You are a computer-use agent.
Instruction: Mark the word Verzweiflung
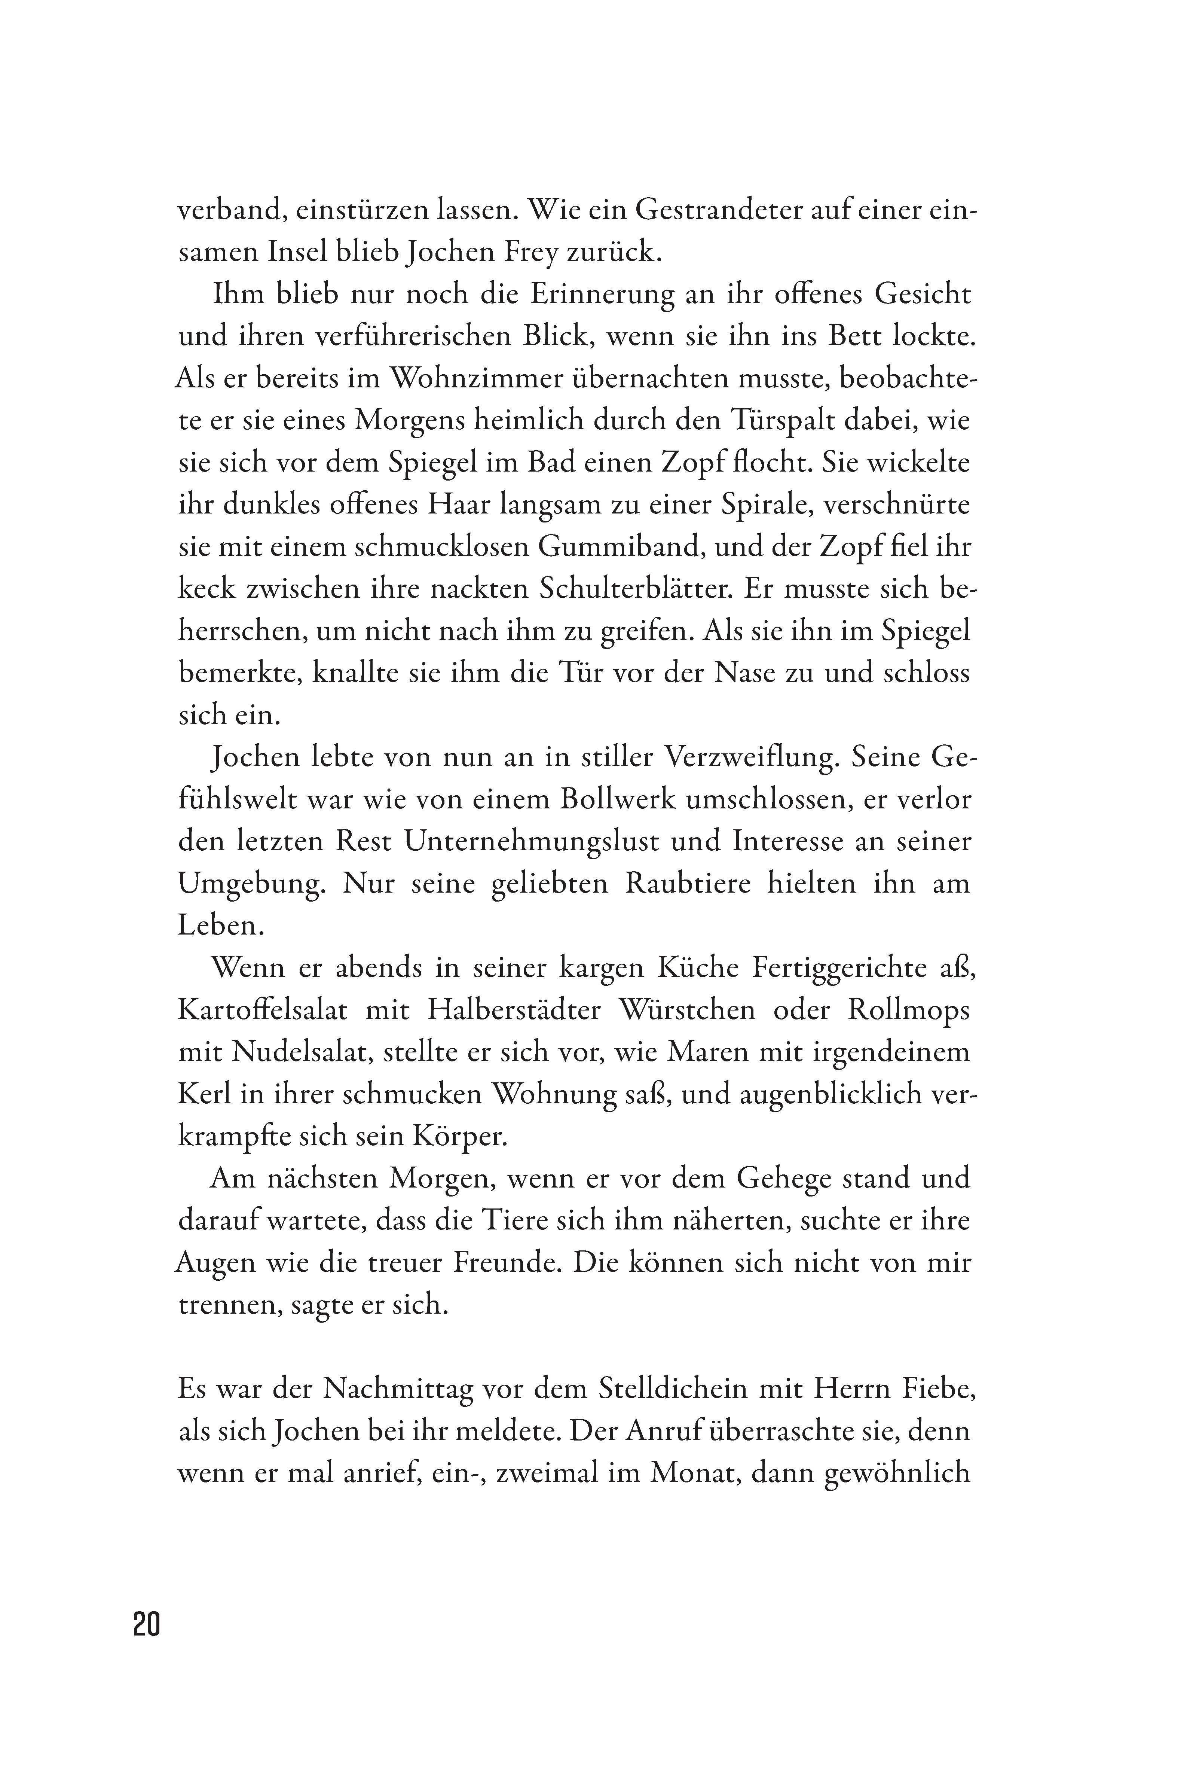coord(749,758)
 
